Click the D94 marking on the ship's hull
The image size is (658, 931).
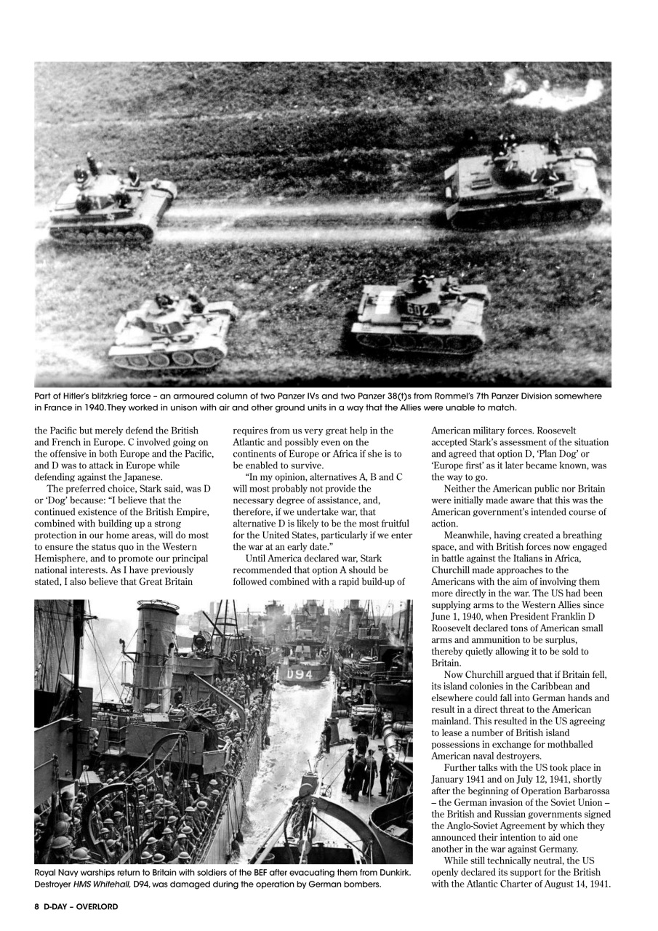tap(298, 674)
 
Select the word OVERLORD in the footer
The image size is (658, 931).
tap(98, 906)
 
